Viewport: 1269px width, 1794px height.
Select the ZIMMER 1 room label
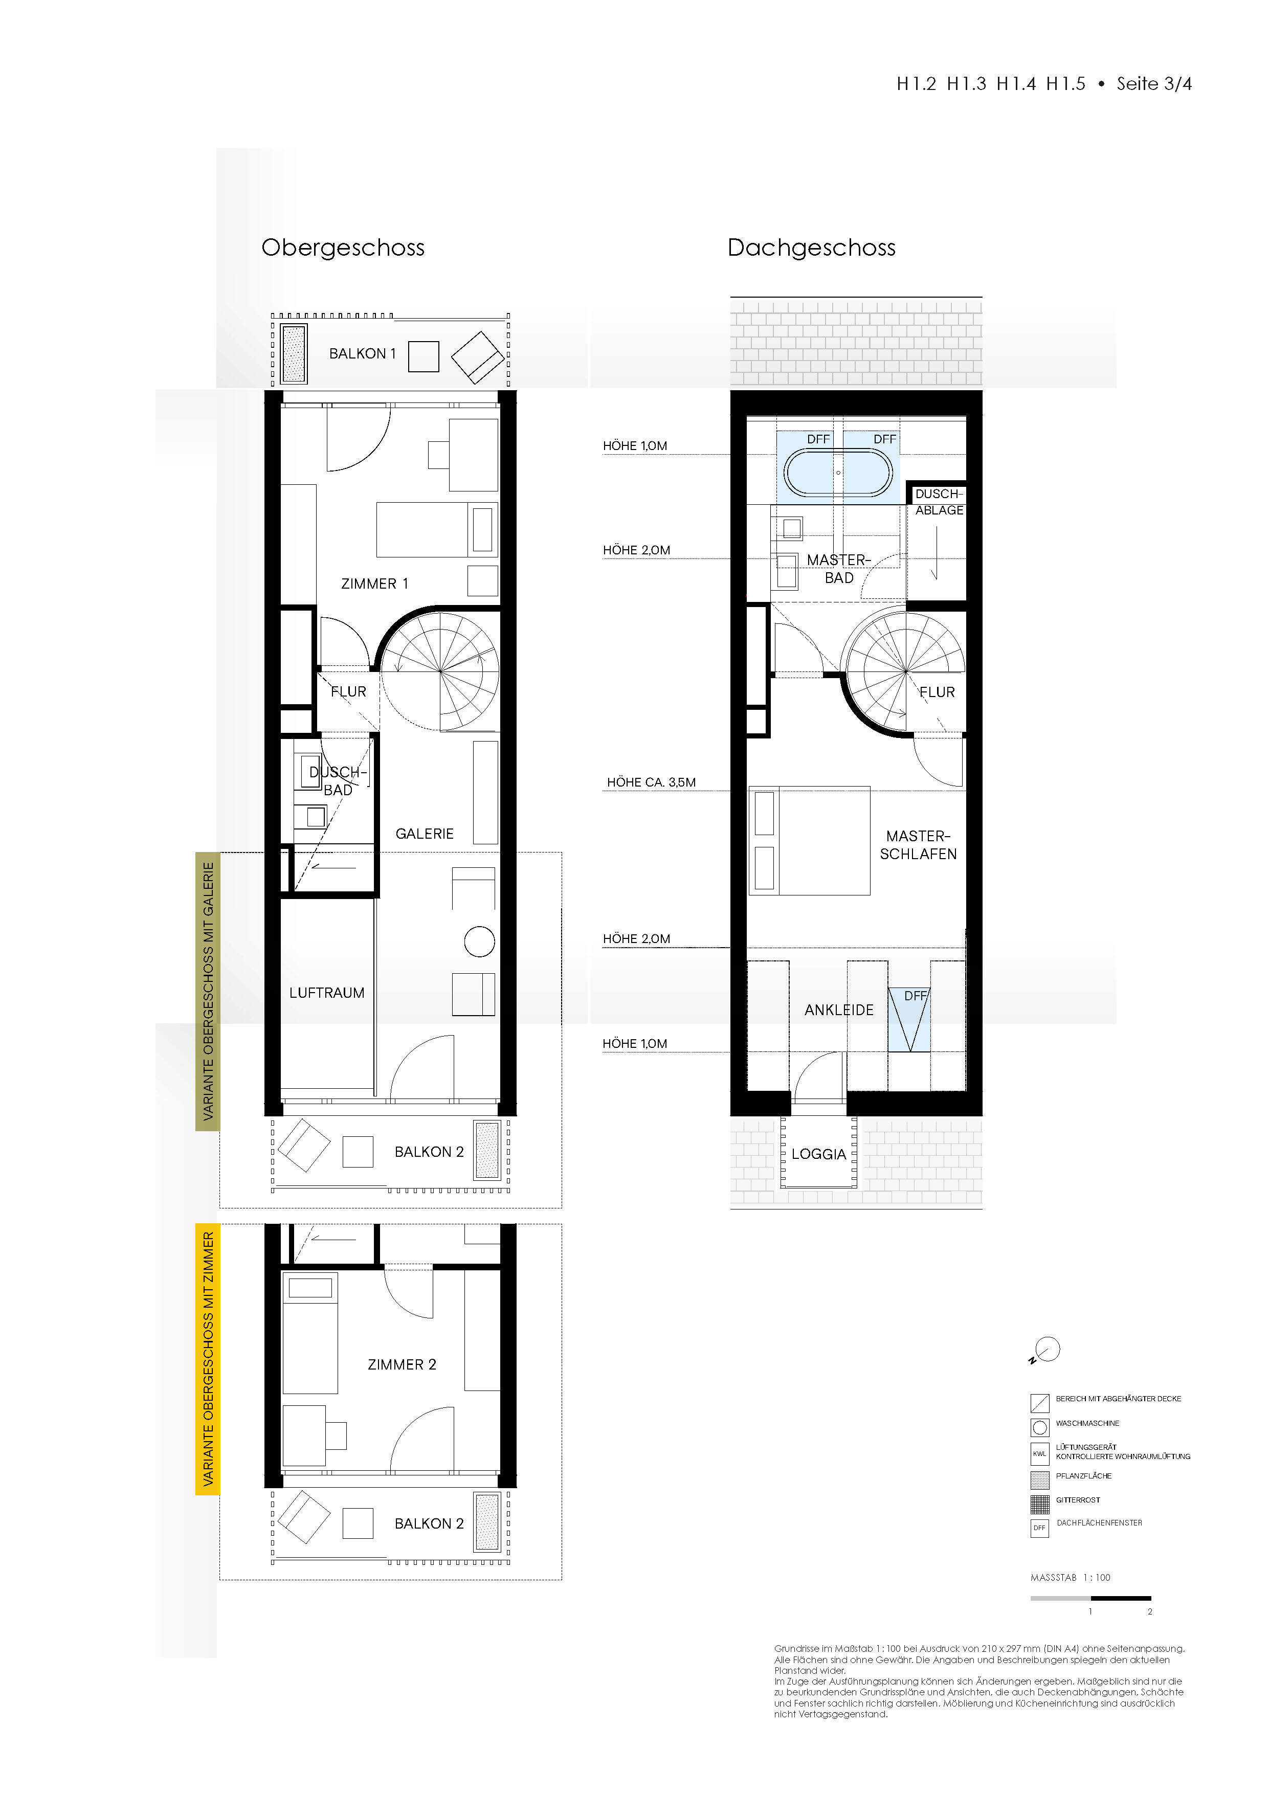(x=374, y=584)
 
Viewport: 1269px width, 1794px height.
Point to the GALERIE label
(x=425, y=834)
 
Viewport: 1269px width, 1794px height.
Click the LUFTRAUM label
(x=327, y=993)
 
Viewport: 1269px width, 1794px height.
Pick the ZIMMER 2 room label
(x=402, y=1364)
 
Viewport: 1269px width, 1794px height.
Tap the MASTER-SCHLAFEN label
(x=918, y=845)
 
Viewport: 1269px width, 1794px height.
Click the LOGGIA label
(x=818, y=1154)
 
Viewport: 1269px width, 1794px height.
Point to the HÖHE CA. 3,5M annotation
(x=651, y=782)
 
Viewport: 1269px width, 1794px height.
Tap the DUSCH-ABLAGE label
(x=939, y=502)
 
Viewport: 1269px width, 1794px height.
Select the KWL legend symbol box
(x=1039, y=1454)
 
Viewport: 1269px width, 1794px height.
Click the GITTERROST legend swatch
(x=1039, y=1504)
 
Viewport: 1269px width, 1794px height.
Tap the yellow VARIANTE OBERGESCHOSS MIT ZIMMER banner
(x=207, y=1360)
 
